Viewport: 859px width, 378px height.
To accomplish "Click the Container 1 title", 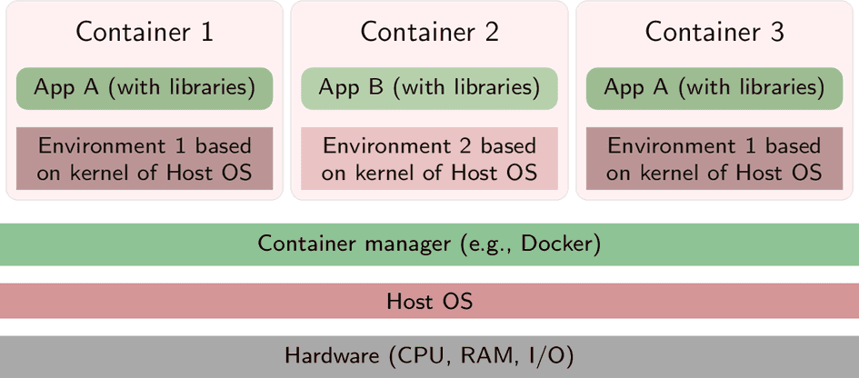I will pyautogui.click(x=145, y=32).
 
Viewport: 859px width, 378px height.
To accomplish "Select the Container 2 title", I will pyautogui.click(x=429, y=32).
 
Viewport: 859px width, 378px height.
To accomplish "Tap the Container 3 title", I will pyautogui.click(x=714, y=32).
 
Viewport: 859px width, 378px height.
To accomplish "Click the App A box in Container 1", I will pyautogui.click(x=145, y=88).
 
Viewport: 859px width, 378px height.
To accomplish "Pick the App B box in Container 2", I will pyautogui.click(x=429, y=88).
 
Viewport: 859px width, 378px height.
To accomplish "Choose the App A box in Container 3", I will pyautogui.click(x=714, y=88).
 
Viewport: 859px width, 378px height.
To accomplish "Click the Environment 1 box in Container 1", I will pyautogui.click(x=145, y=159).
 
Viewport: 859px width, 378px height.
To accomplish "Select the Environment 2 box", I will pyautogui.click(x=429, y=159).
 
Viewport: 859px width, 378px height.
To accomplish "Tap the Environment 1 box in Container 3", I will pyautogui.click(x=714, y=159).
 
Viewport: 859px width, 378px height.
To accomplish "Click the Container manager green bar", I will pyautogui.click(x=429, y=244).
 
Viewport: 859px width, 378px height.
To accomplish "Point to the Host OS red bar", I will pyautogui.click(x=429, y=301).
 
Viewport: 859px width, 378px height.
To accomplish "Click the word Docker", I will pyautogui.click(x=556, y=244).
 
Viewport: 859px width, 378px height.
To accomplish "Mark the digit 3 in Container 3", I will pyautogui.click(x=775, y=32).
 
